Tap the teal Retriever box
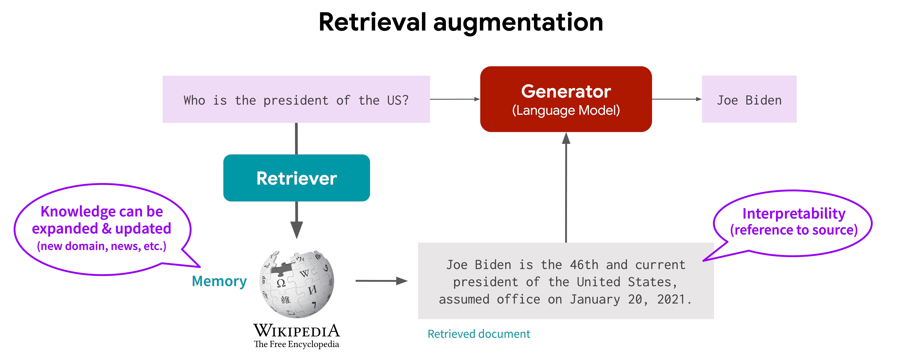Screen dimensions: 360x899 (x=296, y=178)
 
